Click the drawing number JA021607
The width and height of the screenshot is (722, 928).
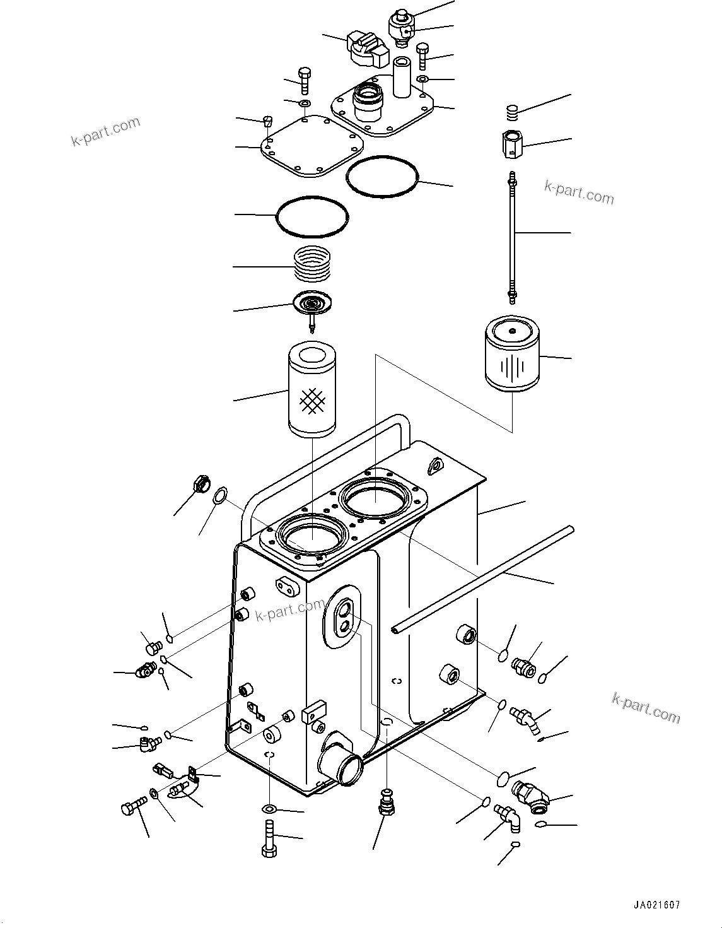point(655,905)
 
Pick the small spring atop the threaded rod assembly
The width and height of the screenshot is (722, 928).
point(512,114)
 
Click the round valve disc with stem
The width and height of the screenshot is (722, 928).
point(311,305)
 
